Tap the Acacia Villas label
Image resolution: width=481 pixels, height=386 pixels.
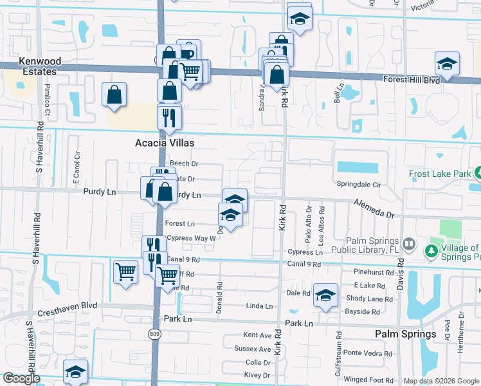click(164, 143)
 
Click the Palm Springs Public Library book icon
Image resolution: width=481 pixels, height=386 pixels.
click(409, 244)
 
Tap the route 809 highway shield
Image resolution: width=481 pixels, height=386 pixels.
click(155, 334)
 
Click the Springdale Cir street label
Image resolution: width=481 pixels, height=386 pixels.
click(359, 184)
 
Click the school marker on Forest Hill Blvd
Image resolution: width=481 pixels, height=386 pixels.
click(446, 64)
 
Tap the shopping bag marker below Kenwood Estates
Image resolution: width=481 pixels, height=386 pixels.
click(114, 95)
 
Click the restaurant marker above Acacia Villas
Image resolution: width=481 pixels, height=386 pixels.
click(170, 117)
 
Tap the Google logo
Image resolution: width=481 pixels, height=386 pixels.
click(21, 378)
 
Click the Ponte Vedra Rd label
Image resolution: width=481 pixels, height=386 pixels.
click(367, 353)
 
